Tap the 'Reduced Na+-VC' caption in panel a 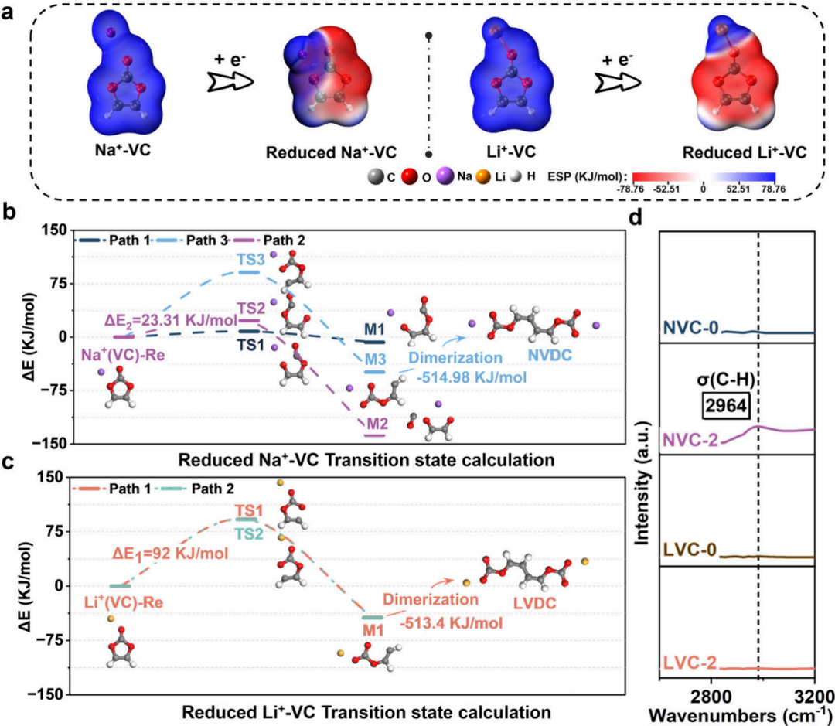click(319, 152)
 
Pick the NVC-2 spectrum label click(690, 440)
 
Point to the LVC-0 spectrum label click(691, 550)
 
